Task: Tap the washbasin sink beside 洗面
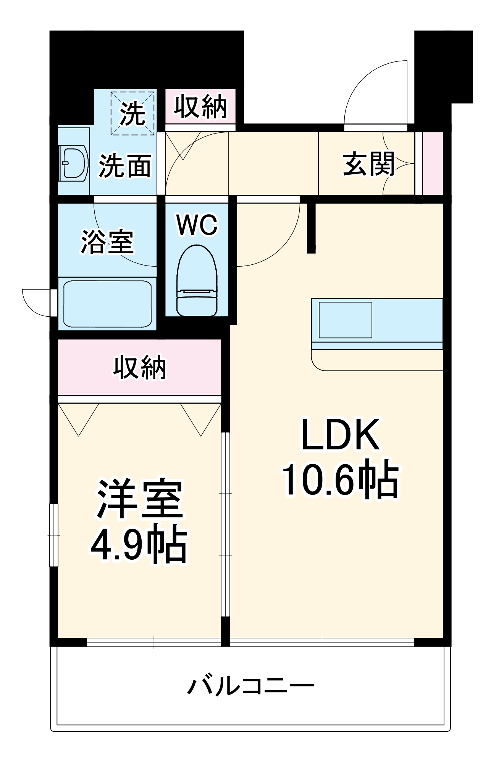[x=74, y=163]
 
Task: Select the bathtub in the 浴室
[x=107, y=304]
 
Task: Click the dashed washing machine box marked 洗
[x=133, y=113]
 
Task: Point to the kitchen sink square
[x=345, y=320]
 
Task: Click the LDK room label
[x=340, y=435]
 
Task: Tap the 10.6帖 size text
[x=340, y=479]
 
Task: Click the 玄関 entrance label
[x=368, y=164]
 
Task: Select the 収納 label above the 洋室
[x=140, y=367]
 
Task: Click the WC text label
[x=197, y=225]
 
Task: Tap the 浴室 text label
[x=107, y=242]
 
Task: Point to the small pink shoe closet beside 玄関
[x=433, y=163]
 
